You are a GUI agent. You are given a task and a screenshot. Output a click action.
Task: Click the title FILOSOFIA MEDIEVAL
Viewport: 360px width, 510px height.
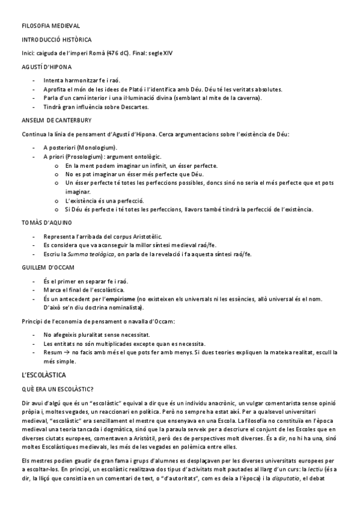50,26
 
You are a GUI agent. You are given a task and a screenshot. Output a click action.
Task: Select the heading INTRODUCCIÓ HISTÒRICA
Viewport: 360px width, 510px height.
56,40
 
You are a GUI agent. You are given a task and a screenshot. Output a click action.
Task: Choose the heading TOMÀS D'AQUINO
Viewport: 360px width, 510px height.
46,223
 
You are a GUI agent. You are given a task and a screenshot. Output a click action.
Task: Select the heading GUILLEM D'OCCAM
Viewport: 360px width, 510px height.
47,267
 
